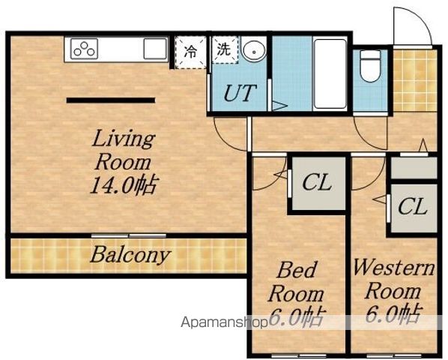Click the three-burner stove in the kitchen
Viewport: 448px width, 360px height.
pyautogui.click(x=84, y=49)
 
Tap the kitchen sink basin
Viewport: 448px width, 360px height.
pyautogui.click(x=155, y=49)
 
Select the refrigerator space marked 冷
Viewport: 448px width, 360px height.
pyautogui.click(x=190, y=52)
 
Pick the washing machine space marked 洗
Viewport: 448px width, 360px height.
pyautogui.click(x=225, y=49)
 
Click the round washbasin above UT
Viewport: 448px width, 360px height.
pyautogui.click(x=254, y=50)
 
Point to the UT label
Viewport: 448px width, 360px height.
pyautogui.click(x=239, y=93)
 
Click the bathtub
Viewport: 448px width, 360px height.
pyautogui.click(x=330, y=73)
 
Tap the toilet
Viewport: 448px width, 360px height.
pyautogui.click(x=370, y=66)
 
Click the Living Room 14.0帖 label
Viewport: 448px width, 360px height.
pyautogui.click(x=124, y=162)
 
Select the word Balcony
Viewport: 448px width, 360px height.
pyautogui.click(x=130, y=255)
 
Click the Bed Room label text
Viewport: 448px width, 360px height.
pyautogui.click(x=296, y=282)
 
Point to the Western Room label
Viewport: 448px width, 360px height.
pyautogui.click(x=394, y=280)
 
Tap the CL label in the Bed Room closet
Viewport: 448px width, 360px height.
pyautogui.click(x=317, y=182)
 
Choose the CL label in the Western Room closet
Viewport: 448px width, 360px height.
pyautogui.click(x=413, y=206)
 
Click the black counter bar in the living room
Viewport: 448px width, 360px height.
pyautogui.click(x=111, y=100)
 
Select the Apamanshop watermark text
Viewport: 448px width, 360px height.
pyautogui.click(x=225, y=322)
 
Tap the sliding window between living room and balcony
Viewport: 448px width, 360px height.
pyautogui.click(x=129, y=236)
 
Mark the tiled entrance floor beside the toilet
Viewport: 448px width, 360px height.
pyautogui.click(x=414, y=81)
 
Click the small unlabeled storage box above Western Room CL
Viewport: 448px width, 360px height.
pyautogui.click(x=414, y=168)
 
